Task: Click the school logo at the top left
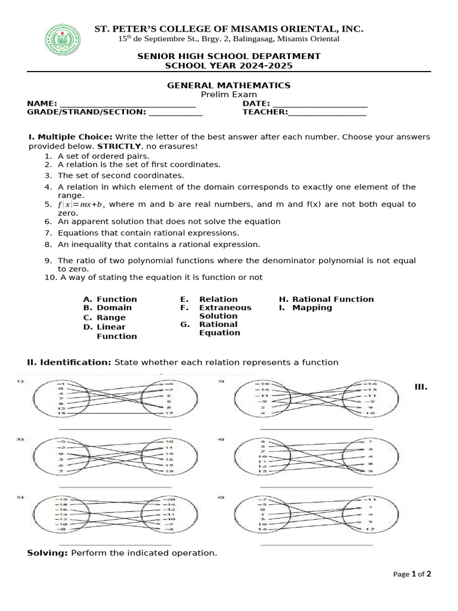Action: point(63,40)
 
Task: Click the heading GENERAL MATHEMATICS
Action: point(228,85)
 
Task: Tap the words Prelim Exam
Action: point(228,94)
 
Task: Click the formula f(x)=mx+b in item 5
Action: point(81,205)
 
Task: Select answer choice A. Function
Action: point(110,299)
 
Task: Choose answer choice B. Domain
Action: point(108,308)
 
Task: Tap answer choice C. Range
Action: point(104,317)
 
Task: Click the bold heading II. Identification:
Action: point(69,362)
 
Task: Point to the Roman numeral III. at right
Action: point(421,387)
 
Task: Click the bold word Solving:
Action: point(48,553)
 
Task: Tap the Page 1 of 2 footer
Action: point(412,574)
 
